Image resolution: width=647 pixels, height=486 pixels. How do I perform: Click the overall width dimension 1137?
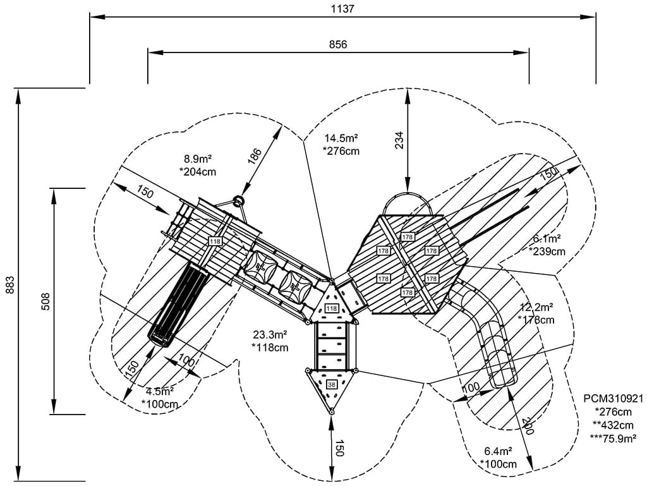point(342,9)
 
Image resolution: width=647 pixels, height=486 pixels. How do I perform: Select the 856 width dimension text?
point(338,44)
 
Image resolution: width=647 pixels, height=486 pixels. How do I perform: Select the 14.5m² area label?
point(342,138)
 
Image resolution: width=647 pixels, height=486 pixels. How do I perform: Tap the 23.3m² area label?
point(270,335)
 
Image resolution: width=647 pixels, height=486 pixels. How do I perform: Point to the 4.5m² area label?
point(159,391)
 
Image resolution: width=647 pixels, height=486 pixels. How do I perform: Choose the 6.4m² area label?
point(499,452)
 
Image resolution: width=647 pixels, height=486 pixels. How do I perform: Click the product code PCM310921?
point(613,399)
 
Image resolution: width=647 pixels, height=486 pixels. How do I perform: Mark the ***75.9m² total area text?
point(613,437)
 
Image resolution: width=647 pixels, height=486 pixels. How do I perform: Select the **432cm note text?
point(613,425)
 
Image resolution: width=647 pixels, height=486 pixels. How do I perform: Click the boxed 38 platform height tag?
point(332,384)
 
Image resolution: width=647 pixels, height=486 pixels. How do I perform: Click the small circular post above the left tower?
point(239,202)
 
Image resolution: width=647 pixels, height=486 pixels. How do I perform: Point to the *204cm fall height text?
point(198,171)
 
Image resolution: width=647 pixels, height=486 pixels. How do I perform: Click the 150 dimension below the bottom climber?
point(340,448)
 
